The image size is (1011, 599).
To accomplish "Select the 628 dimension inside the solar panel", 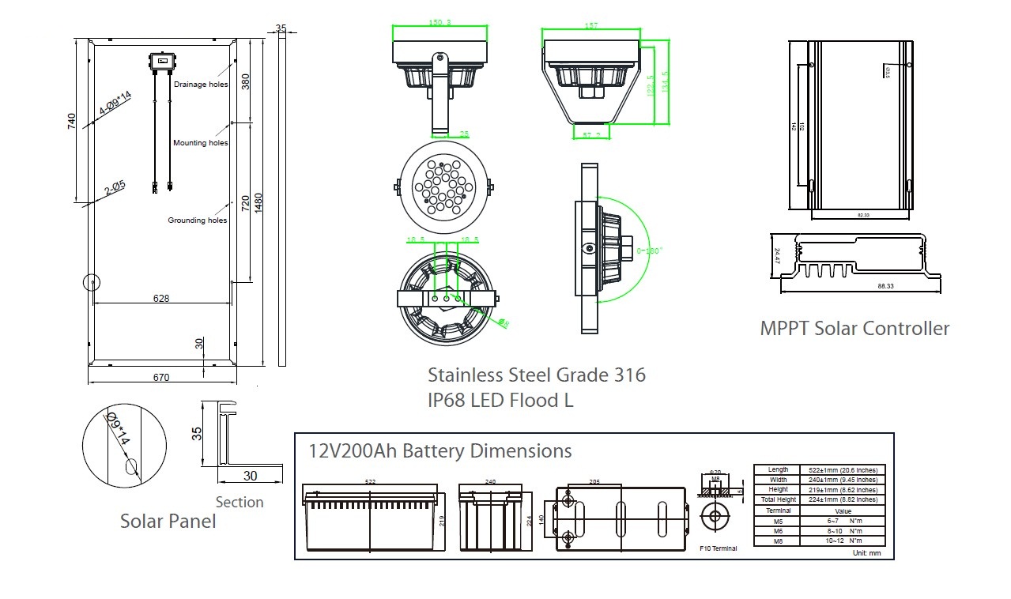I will click(x=162, y=298).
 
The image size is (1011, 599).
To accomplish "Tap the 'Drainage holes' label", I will click(x=201, y=85).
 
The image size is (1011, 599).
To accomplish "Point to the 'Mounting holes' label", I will click(x=201, y=143).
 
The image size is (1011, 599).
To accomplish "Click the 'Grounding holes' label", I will click(x=198, y=220).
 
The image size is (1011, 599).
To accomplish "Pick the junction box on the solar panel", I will click(x=162, y=61).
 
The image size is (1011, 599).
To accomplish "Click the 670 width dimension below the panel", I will click(x=160, y=378).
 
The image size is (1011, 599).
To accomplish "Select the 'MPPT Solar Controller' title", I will click(x=854, y=329).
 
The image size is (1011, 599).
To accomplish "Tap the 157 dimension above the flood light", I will click(x=590, y=26).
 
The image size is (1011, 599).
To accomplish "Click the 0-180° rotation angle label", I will click(x=650, y=251).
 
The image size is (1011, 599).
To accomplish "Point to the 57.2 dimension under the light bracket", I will click(x=591, y=135).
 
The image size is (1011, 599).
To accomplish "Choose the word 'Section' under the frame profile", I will click(x=240, y=502).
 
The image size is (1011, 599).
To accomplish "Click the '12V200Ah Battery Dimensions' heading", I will click(x=439, y=451).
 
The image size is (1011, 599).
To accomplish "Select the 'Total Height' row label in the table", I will click(x=778, y=499).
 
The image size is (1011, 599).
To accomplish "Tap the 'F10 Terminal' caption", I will click(x=719, y=548).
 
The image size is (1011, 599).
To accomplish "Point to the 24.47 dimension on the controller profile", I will click(x=777, y=256).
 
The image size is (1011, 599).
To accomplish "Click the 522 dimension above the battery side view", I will click(x=371, y=481).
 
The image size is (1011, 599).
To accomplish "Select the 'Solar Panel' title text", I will click(x=168, y=521).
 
